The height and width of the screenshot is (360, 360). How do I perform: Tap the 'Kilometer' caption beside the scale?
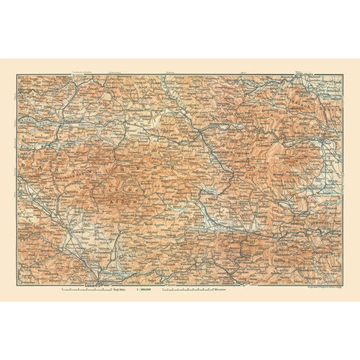click(222, 288)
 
